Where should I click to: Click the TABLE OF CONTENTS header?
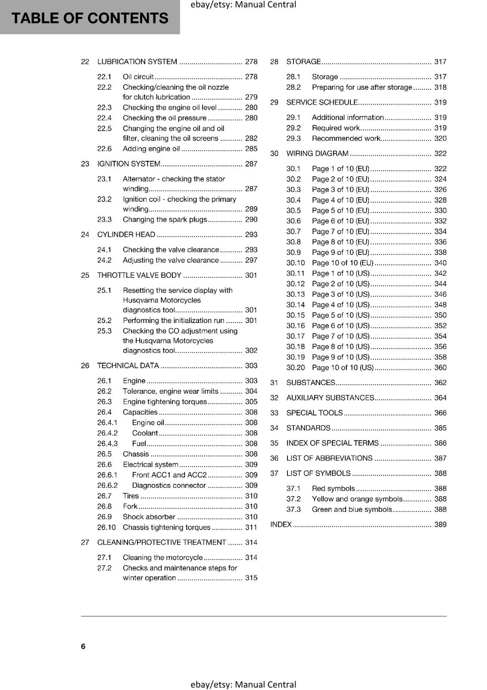90,18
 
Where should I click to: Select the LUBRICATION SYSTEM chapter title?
137,62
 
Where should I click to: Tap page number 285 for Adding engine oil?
251,149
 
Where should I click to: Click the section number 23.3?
104,220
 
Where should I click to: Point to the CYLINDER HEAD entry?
126,235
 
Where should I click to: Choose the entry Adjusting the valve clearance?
171,260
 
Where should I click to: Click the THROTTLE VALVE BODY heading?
139,275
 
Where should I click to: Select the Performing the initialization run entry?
173,320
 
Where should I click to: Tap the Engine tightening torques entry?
165,401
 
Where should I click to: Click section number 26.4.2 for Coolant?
107,433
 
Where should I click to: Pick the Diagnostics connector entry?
169,485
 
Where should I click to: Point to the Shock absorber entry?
149,517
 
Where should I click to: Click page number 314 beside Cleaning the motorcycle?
251,558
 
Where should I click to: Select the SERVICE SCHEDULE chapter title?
322,102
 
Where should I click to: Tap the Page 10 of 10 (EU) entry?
343,263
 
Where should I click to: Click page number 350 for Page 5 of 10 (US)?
440,315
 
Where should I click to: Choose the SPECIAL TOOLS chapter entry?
315,413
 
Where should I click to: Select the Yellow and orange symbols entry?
357,499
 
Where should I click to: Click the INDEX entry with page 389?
281,524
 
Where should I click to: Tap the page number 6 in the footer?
83,646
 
